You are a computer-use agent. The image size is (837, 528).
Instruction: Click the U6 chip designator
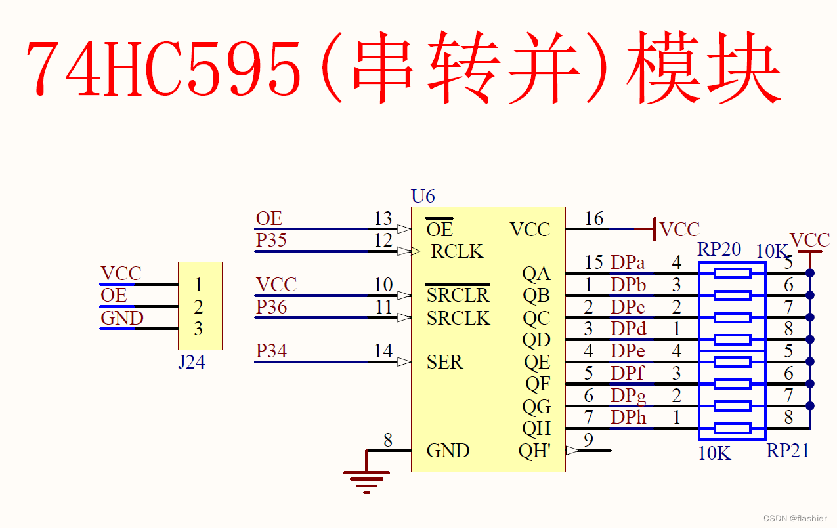[423, 196]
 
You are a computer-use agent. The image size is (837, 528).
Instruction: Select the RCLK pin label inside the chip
[457, 251]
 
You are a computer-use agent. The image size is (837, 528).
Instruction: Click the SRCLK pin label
[458, 318]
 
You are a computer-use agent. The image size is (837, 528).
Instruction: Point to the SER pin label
[444, 362]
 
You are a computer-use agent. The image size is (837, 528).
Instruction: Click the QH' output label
[535, 451]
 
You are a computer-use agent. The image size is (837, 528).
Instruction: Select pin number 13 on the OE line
[383, 218]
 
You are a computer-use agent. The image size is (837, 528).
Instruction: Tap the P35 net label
[271, 240]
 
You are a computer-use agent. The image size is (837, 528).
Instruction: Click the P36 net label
[271, 307]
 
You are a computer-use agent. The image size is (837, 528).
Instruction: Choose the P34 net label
[271, 352]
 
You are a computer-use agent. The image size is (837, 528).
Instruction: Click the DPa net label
[628, 263]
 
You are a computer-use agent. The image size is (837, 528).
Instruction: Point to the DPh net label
[628, 417]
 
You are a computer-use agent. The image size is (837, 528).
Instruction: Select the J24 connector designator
[191, 362]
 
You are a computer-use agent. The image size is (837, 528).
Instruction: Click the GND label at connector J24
[122, 318]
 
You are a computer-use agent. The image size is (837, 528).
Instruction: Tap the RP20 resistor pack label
[719, 249]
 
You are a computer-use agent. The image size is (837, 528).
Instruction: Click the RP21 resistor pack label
[787, 451]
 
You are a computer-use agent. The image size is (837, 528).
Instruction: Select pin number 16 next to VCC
[593, 218]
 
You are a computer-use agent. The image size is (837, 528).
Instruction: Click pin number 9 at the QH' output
[588, 439]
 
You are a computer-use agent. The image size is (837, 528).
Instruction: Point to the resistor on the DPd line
[732, 340]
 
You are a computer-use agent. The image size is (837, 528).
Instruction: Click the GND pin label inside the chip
[448, 451]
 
